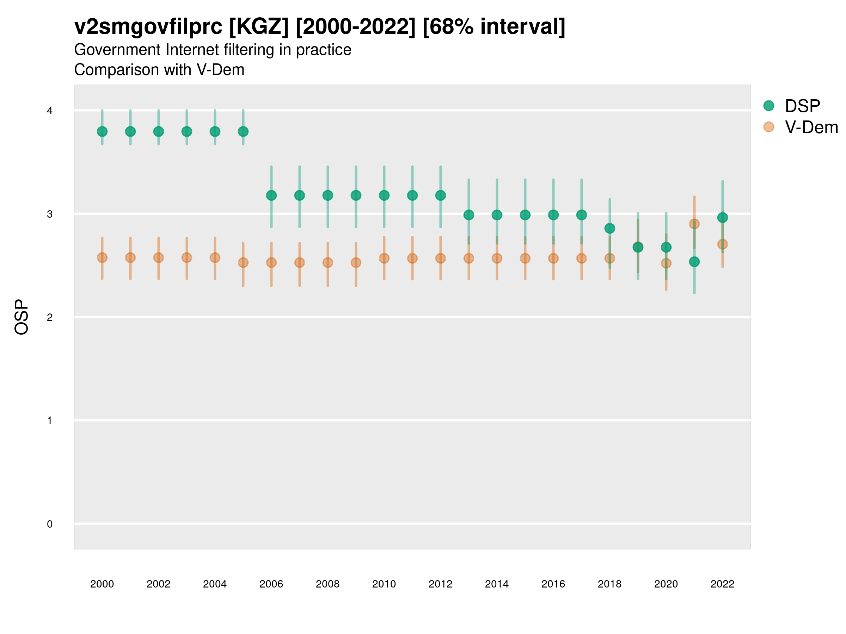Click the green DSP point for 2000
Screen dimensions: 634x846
pyautogui.click(x=102, y=131)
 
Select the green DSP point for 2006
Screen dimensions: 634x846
pyautogui.click(x=271, y=195)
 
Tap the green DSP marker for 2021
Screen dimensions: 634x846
pyautogui.click(x=694, y=262)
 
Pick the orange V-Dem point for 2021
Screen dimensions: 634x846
pyautogui.click(x=694, y=224)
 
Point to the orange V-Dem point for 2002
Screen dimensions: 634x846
pyautogui.click(x=158, y=257)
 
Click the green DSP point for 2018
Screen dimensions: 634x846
pyautogui.click(x=609, y=229)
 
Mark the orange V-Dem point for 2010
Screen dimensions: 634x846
pyautogui.click(x=384, y=258)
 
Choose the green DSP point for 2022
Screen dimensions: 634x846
pyautogui.click(x=723, y=217)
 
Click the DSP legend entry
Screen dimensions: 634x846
pyautogui.click(x=802, y=106)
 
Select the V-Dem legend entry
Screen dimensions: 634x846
pyautogui.click(x=811, y=127)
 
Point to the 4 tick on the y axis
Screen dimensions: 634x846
pyautogui.click(x=50, y=111)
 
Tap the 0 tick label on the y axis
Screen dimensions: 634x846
pyautogui.click(x=50, y=524)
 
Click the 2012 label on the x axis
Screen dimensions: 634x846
pyautogui.click(x=440, y=584)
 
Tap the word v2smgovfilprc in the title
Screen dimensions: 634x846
pyautogui.click(x=148, y=27)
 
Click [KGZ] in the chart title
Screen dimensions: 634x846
pyautogui.click(x=258, y=27)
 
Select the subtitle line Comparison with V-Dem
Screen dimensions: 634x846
pyautogui.click(x=159, y=70)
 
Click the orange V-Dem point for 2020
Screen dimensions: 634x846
pyautogui.click(x=666, y=263)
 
